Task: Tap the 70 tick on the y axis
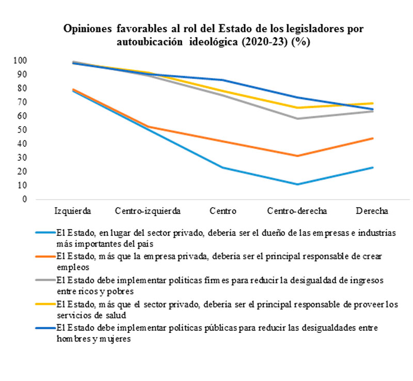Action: pyautogui.click(x=23, y=102)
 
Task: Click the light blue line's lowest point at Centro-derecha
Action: pyautogui.click(x=297, y=184)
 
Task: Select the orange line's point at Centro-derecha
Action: pyautogui.click(x=297, y=156)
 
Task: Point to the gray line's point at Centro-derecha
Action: pyautogui.click(x=297, y=118)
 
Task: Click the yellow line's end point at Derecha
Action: pyautogui.click(x=372, y=103)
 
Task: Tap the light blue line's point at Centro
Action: pyautogui.click(x=223, y=167)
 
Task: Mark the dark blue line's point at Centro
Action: pyautogui.click(x=223, y=80)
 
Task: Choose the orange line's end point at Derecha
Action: pyautogui.click(x=372, y=138)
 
